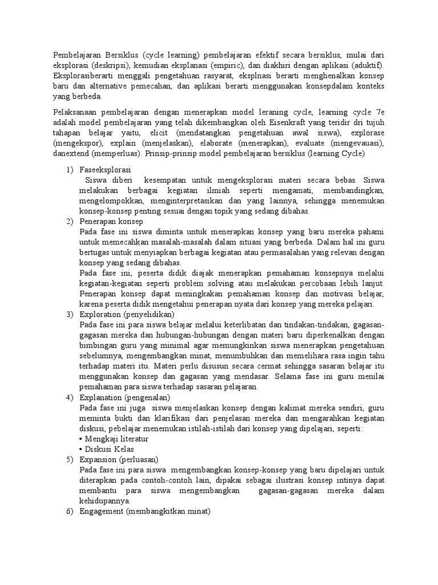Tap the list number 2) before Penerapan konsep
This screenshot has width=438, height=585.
70,222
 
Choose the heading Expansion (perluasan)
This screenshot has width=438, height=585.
119,459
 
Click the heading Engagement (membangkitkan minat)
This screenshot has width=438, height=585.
145,511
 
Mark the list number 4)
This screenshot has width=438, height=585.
70,397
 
